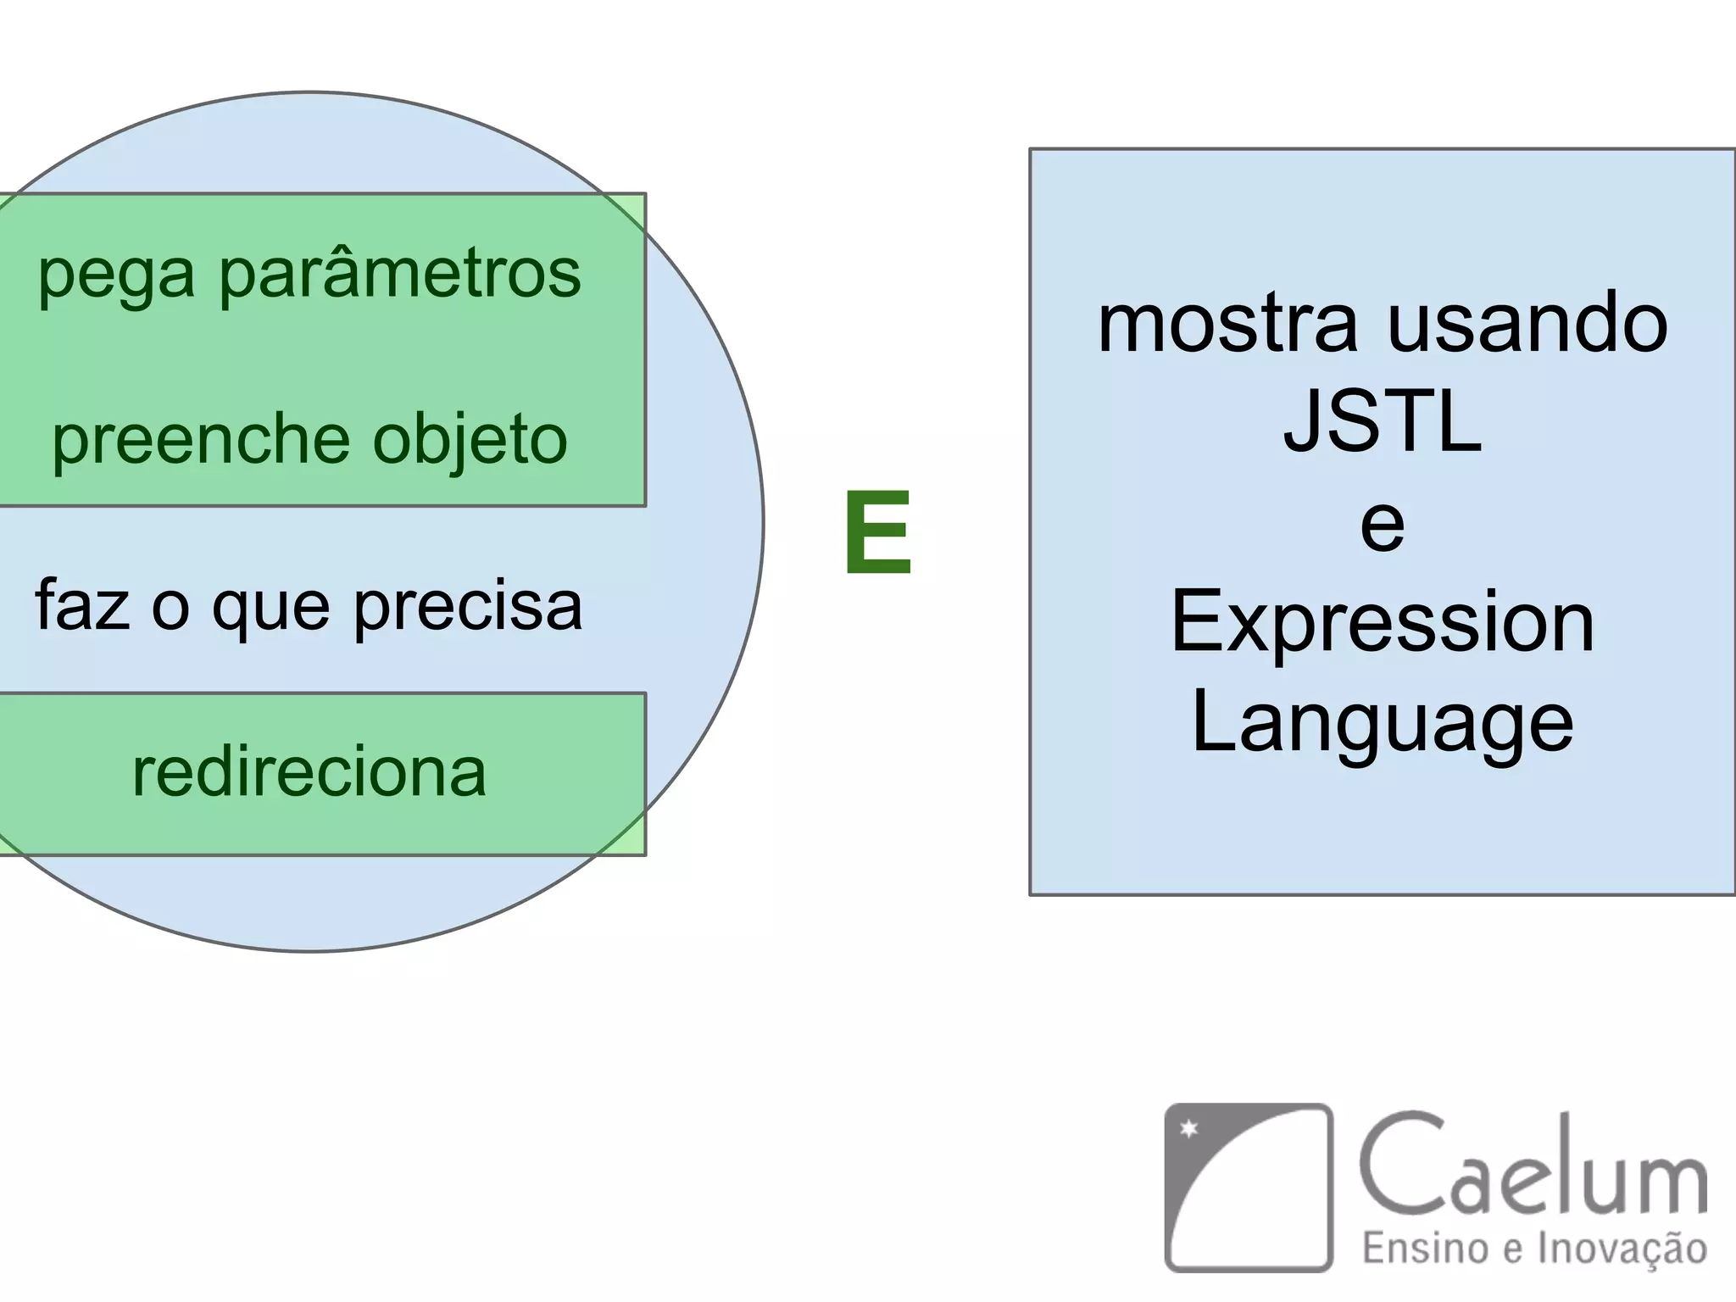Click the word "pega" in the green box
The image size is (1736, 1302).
[116, 276]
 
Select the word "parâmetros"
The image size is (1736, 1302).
[400, 275]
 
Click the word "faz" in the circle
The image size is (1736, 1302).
[82, 605]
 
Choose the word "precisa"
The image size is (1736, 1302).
[468, 607]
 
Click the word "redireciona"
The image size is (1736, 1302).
[309, 772]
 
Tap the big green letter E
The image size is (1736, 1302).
[878, 534]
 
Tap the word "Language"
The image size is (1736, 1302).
[1383, 725]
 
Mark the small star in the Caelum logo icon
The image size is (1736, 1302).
[1190, 1128]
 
